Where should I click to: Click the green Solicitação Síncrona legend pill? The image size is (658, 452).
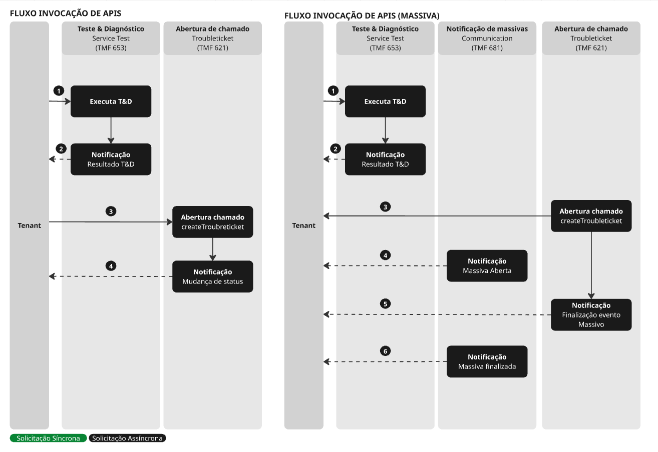48,438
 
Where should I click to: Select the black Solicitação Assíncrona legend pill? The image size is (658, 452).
128,438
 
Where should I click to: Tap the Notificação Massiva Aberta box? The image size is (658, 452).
487,265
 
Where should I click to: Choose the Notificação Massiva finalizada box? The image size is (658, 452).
487,361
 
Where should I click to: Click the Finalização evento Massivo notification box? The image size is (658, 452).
591,314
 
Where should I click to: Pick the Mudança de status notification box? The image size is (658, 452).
213,276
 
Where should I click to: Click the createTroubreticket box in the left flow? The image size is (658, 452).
213,222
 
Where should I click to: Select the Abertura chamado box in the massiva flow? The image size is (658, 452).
591,216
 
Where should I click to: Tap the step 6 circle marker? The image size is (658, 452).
385,351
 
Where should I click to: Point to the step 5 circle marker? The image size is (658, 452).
385,303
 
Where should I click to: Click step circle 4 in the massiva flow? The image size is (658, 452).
385,255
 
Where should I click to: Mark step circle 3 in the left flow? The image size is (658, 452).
111,211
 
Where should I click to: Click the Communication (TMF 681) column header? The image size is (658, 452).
487,38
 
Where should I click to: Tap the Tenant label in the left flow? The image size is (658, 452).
30,225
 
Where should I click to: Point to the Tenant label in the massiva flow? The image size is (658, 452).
304,225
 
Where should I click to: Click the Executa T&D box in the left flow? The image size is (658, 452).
111,101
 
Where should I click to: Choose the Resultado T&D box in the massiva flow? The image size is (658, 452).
385,159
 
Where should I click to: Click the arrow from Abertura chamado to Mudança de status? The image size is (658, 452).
213,249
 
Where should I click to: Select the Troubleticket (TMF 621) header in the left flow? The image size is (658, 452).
212,38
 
